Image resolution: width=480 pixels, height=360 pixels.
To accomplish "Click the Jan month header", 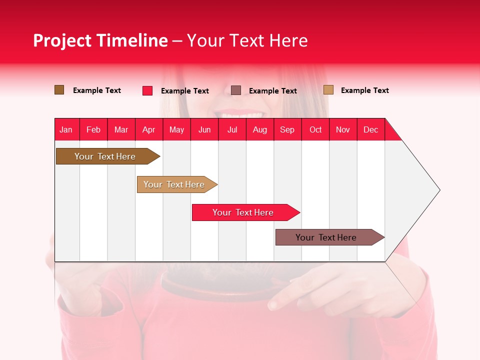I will pos(66,129).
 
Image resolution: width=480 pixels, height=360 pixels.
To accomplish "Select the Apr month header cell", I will pos(148,129).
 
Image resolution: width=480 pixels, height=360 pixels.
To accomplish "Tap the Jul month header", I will pos(232,129).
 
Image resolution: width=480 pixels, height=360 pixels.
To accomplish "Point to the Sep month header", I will pos(287,129).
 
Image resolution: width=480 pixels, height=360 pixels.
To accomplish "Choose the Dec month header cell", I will pos(370,129).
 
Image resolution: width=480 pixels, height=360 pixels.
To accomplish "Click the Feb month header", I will pos(93,129).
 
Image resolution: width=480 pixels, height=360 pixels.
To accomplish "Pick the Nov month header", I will pos(342,129).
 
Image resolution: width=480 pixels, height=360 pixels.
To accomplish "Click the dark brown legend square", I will pos(59,90).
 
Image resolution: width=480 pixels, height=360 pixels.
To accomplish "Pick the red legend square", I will pos(147,90).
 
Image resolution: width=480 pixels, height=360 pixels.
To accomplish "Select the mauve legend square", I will pos(236,90).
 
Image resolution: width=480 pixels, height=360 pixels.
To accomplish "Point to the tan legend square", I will pos(328,90).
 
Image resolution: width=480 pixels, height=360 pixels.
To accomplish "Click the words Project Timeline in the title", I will pos(100,40).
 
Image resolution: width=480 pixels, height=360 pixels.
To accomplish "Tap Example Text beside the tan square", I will pos(364,90).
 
